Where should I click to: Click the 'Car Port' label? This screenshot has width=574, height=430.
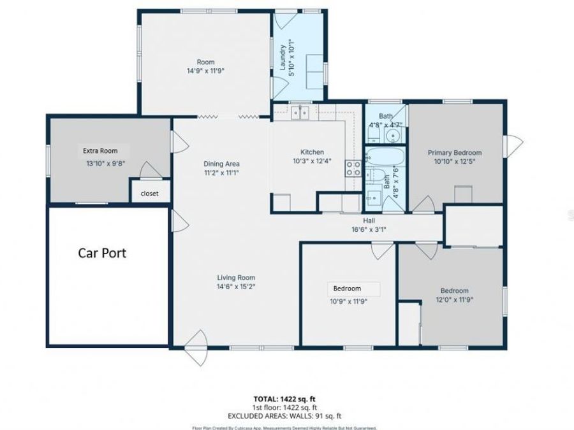(x=102, y=253)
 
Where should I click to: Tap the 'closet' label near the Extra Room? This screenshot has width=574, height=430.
(x=149, y=193)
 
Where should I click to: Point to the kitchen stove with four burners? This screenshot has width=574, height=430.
(x=353, y=168)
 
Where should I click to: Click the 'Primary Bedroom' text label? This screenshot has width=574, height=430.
(x=454, y=153)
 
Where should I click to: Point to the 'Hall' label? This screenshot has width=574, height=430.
(x=369, y=220)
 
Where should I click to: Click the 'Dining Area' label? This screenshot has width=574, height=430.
(x=221, y=164)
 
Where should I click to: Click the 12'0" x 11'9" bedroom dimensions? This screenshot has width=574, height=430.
(x=454, y=299)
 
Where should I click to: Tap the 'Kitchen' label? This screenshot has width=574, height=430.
(x=313, y=152)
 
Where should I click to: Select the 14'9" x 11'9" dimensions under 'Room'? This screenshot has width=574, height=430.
(x=205, y=71)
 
